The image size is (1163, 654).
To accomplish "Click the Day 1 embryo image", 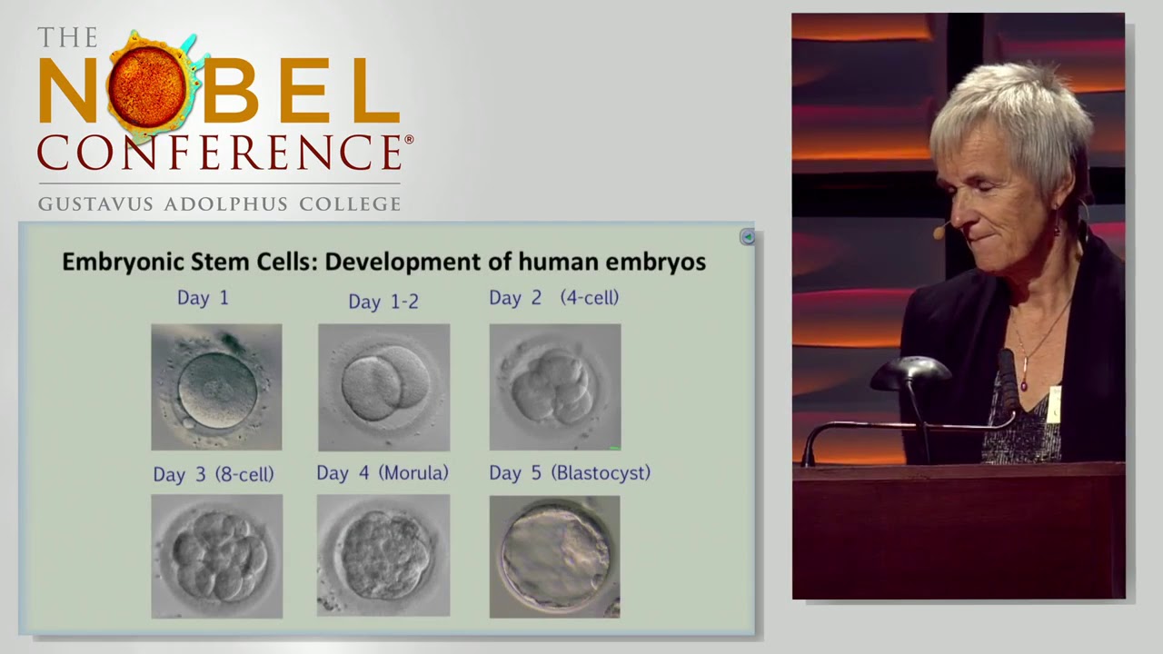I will pyautogui.click(x=216, y=387).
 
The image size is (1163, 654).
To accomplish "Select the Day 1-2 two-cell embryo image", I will pyautogui.click(x=383, y=387).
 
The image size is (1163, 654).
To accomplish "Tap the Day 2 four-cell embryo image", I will pyautogui.click(x=555, y=387).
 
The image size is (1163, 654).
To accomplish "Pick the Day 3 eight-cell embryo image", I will pyautogui.click(x=216, y=556).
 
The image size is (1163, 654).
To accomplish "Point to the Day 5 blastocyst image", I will pyautogui.click(x=554, y=556).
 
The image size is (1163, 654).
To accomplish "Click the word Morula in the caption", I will pyautogui.click(x=414, y=473).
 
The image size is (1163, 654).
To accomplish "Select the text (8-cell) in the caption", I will pyautogui.click(x=244, y=474).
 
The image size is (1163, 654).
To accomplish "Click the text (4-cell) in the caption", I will pyautogui.click(x=590, y=298).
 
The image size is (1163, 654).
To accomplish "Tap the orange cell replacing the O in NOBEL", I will pyautogui.click(x=147, y=86).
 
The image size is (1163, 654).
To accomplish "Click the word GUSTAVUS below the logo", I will pyautogui.click(x=95, y=203).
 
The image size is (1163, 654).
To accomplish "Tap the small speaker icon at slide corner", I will pyautogui.click(x=747, y=237).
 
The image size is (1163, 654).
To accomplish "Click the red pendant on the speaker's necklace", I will pyautogui.click(x=1024, y=385).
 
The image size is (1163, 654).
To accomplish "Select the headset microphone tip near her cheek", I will pyautogui.click(x=938, y=233).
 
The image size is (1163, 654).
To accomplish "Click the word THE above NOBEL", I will pyautogui.click(x=67, y=38).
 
